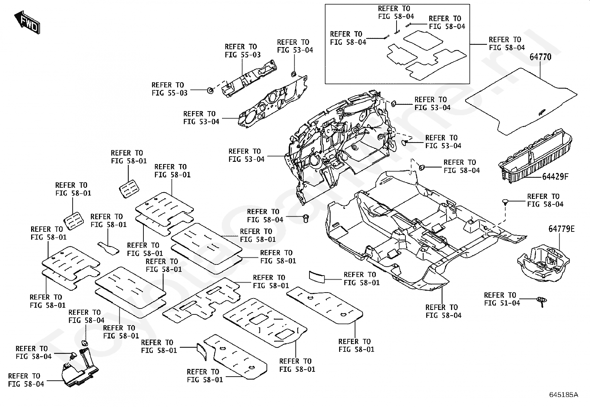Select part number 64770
click(x=540, y=57)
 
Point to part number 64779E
click(x=561, y=229)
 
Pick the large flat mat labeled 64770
click(x=521, y=101)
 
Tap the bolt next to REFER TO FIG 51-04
click(x=541, y=302)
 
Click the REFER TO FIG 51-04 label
click(x=502, y=299)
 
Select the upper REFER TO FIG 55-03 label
click(x=243, y=51)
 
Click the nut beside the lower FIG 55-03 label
click(x=210, y=90)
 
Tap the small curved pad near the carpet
click(x=317, y=277)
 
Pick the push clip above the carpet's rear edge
click(x=505, y=202)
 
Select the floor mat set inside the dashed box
click(x=427, y=55)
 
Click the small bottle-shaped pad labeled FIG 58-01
click(x=108, y=248)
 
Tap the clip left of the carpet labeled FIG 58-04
click(x=306, y=218)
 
